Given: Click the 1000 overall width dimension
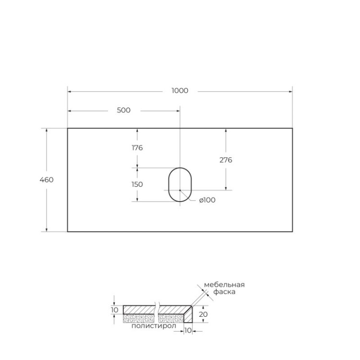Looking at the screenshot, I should (x=180, y=90).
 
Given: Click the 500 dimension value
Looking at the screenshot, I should (x=123, y=110).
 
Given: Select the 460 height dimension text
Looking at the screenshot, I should (x=47, y=180).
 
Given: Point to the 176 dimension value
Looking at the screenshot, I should (x=137, y=148).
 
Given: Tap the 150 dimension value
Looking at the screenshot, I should (x=137, y=184).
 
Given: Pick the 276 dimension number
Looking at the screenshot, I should (x=226, y=160).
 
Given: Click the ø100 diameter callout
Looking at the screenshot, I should (x=207, y=200).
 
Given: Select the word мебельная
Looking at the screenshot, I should (x=224, y=285).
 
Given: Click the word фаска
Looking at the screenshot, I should (x=224, y=292).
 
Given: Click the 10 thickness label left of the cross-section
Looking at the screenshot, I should (x=114, y=310).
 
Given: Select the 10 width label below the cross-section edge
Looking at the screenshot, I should (x=187, y=330).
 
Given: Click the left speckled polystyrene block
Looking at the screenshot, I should (x=139, y=318).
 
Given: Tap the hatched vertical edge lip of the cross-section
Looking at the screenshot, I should (x=188, y=314).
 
